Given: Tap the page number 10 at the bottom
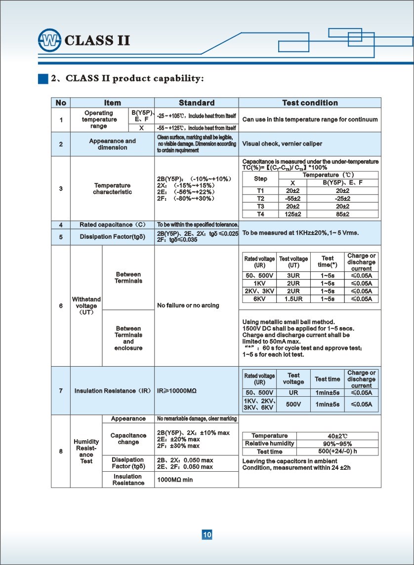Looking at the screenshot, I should [x=207, y=534].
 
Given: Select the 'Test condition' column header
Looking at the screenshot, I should [x=310, y=103].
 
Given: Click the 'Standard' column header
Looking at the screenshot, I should [x=197, y=103].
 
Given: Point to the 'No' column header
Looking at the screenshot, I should [x=61, y=103].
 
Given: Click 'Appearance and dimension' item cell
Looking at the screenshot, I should [x=113, y=144].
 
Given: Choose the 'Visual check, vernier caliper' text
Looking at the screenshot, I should [x=282, y=144].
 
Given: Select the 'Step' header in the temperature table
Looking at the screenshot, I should [x=260, y=179].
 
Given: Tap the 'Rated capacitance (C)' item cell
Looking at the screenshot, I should [x=113, y=225].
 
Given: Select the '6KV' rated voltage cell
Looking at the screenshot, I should [x=260, y=299].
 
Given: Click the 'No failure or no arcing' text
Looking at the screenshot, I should [x=188, y=305].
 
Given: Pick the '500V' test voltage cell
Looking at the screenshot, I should [x=293, y=404].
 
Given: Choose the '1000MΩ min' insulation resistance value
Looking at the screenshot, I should [x=175, y=480].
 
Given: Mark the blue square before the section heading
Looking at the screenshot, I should [x=43, y=78].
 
